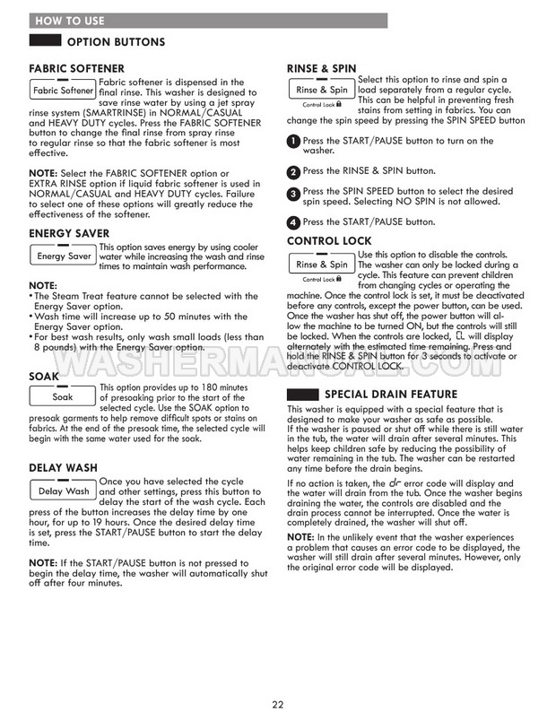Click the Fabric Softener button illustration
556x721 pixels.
[63, 91]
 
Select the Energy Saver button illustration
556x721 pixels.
[63, 256]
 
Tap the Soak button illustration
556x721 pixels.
[63, 396]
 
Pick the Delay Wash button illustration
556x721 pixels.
[63, 491]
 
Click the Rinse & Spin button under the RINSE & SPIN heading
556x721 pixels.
[321, 90]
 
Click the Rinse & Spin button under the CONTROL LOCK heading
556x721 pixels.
[321, 265]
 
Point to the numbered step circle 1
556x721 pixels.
[293, 143]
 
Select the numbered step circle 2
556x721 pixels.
[293, 172]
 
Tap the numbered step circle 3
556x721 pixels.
[293, 194]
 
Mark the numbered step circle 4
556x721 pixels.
[293, 222]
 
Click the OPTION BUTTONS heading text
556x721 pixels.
[117, 42]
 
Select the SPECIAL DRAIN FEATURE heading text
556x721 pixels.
[391, 395]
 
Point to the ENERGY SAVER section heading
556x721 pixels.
[70, 233]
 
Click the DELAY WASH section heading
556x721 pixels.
[65, 467]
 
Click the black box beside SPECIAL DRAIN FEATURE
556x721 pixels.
[302, 395]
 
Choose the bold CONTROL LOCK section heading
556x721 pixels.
[330, 241]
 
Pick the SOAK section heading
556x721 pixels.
[44, 377]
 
